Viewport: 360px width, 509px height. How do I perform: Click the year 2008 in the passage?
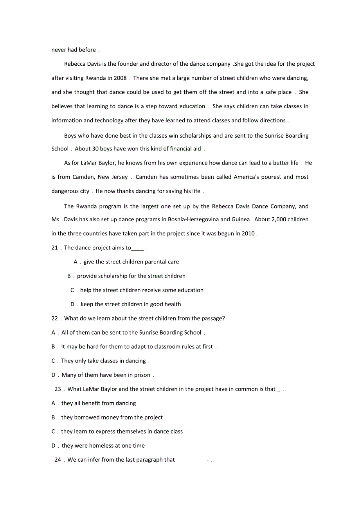[120, 78]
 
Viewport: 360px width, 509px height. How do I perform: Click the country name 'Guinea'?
[241, 220]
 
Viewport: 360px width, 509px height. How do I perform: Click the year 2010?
[248, 234]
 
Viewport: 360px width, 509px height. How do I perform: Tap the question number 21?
[54, 248]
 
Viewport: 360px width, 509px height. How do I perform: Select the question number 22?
[54, 319]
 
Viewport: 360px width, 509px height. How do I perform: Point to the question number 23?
[58, 389]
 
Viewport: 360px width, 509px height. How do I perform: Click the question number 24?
[58, 460]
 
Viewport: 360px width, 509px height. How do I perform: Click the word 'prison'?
[142, 375]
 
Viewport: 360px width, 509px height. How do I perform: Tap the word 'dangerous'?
[65, 192]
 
